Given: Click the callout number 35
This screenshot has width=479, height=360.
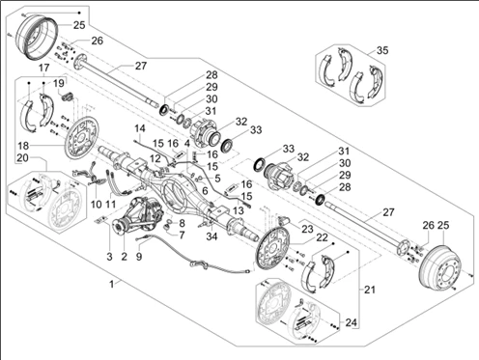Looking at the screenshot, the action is (382, 50).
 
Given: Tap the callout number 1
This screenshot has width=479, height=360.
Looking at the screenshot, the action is (111, 285).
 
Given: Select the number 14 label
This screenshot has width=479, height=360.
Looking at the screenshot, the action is (140, 128).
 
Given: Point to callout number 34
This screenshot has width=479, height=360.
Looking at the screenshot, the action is (211, 236).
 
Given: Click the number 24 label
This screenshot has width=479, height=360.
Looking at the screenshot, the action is (352, 322).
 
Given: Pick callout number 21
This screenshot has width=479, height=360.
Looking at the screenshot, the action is (370, 290).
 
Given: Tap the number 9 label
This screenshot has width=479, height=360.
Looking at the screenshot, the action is (139, 257).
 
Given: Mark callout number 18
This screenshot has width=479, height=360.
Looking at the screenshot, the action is (23, 146).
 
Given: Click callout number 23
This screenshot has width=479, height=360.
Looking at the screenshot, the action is (307, 229).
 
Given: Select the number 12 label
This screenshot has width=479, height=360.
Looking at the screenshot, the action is (155, 158).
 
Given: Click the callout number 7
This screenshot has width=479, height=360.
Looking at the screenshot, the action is (182, 235).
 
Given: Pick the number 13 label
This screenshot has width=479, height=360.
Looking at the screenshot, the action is (239, 210).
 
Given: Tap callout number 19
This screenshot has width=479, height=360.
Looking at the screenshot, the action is (59, 84).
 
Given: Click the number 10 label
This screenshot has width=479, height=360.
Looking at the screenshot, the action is (97, 204).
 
